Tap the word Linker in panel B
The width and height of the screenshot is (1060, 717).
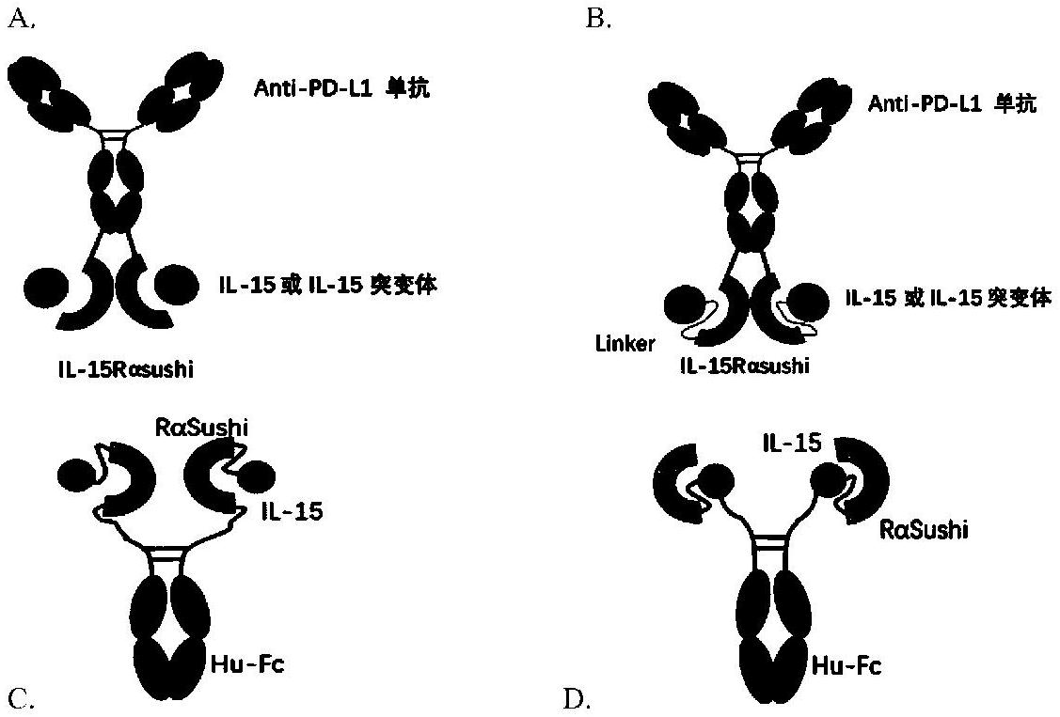click(625, 344)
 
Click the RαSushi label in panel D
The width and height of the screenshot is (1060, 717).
click(924, 531)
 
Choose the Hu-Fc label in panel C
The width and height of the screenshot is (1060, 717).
click(247, 665)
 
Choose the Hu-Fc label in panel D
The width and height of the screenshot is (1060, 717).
click(848, 666)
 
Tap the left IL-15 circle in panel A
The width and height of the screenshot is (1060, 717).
click(44, 288)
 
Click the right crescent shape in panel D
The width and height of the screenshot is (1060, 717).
click(870, 478)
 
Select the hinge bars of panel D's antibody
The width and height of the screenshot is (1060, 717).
click(770, 542)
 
